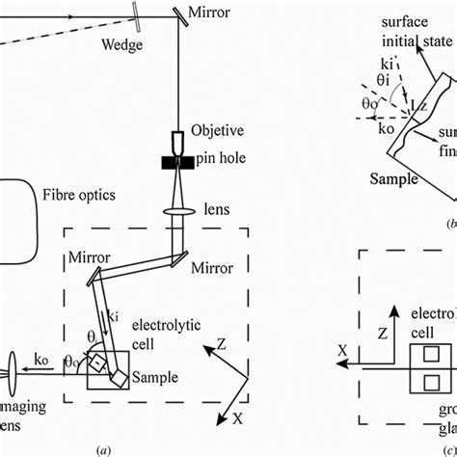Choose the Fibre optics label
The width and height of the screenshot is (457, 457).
click(x=79, y=195)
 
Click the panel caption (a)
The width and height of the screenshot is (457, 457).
click(x=103, y=448)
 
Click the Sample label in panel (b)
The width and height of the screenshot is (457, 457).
click(x=395, y=179)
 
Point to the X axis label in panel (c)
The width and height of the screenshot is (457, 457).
click(x=341, y=352)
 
